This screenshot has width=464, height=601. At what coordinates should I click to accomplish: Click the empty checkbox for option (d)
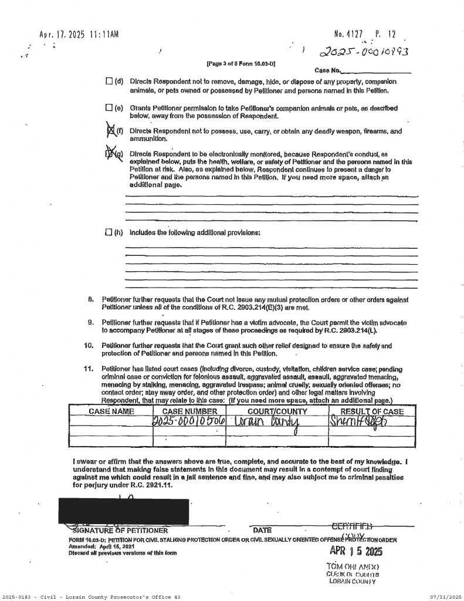108,80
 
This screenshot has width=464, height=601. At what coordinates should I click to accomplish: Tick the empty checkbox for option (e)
108,108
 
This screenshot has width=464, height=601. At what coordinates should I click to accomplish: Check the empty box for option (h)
108,232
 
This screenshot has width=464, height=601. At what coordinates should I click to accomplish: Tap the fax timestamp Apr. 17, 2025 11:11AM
79,35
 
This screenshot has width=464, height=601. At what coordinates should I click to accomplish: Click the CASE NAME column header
111,411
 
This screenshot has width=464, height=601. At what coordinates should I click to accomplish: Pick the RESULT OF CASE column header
372,411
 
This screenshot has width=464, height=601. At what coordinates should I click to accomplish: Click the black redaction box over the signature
124,509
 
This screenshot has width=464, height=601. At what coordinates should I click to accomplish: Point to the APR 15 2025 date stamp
357,552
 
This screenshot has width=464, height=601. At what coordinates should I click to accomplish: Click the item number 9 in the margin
91,323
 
